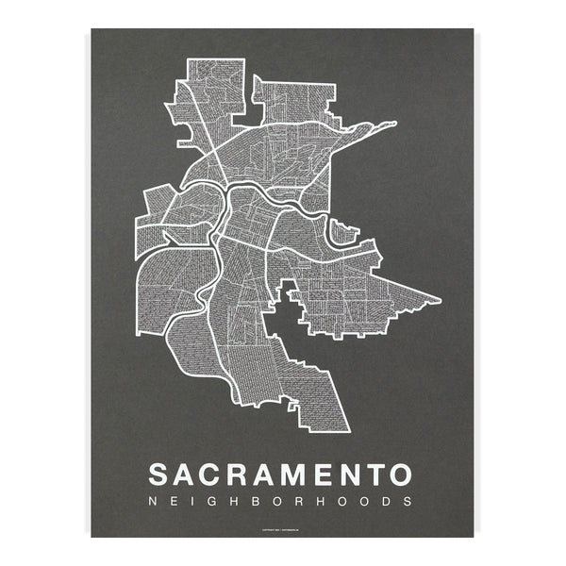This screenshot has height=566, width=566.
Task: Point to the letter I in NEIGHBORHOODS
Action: point(200,501)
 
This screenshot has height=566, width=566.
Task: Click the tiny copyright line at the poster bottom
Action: point(283,529)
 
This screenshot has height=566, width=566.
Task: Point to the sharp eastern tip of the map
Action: point(439,302)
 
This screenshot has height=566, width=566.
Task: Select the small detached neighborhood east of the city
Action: point(347,229)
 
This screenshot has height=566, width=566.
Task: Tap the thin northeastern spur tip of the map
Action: point(393,123)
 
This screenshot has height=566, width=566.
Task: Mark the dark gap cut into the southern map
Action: point(283,325)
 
